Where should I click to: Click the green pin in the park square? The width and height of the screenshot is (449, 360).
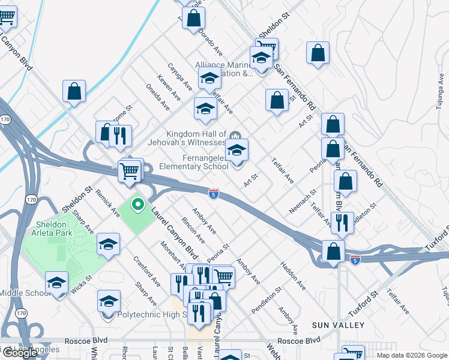(137, 206)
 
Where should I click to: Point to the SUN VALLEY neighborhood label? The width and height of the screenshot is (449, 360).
(338, 325)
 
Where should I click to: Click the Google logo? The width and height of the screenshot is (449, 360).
(19, 353)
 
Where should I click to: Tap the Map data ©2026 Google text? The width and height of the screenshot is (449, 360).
(412, 355)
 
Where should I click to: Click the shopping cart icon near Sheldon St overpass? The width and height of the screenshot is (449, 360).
(130, 171)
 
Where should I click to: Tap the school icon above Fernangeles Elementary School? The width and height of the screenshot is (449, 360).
(237, 149)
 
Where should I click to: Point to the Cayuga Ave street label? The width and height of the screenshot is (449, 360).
(179, 77)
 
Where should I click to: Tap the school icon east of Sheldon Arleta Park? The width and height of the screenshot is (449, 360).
(109, 244)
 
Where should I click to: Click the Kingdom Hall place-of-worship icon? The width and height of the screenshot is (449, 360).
(235, 135)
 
